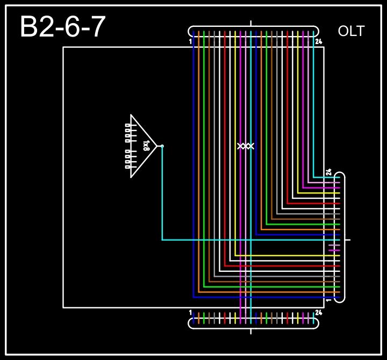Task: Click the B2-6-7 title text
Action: click(62, 27)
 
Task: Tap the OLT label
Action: click(351, 31)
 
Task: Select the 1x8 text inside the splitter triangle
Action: click(146, 146)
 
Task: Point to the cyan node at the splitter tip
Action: click(162, 146)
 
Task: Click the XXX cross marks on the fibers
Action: click(246, 146)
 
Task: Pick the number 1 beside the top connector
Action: click(191, 41)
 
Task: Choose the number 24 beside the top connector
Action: click(319, 41)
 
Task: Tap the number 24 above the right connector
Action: click(329, 173)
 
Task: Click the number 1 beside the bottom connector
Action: click(191, 312)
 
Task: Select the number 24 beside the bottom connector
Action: click(319, 312)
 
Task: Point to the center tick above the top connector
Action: click(252, 24)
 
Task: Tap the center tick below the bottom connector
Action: click(251, 331)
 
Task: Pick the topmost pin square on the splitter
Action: click(127, 125)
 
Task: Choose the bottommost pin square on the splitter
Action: click(127, 167)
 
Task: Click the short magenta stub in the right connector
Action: click(334, 250)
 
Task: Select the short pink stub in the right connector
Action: click(334, 245)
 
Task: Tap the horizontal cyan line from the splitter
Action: click(247, 240)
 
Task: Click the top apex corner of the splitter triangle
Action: click(131, 115)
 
